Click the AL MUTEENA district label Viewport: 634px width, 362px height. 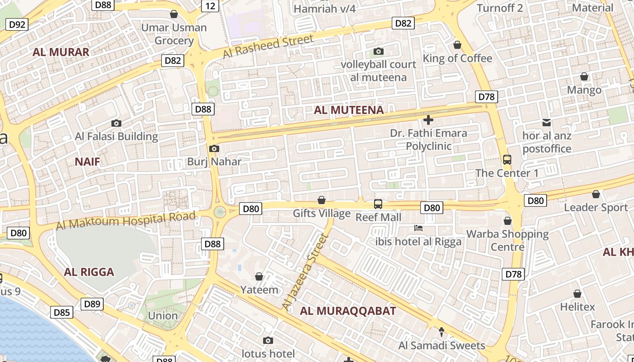(x=349, y=110)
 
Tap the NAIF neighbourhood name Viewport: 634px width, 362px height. (x=87, y=162)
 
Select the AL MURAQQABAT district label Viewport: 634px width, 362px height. (x=348, y=311)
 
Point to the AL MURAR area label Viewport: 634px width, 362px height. (x=61, y=52)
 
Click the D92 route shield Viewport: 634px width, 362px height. (x=17, y=24)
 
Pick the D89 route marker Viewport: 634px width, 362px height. (x=92, y=304)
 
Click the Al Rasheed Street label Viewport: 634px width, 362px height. (x=268, y=47)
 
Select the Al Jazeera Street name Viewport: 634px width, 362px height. (x=304, y=272)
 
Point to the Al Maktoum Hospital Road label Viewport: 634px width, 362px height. (x=126, y=220)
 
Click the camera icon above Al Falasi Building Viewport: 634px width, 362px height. (x=116, y=123)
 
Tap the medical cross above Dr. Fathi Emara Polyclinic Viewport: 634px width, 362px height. (x=428, y=120)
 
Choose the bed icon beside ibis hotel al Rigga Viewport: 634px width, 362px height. (x=418, y=228)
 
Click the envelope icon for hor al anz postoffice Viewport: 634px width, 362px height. (x=547, y=122)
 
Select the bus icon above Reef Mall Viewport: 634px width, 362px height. (x=378, y=204)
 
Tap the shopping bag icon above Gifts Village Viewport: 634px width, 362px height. (x=322, y=200)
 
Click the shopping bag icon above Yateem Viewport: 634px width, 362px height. (x=259, y=276)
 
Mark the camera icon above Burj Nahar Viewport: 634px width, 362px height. (x=214, y=148)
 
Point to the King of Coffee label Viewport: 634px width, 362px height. (x=457, y=58)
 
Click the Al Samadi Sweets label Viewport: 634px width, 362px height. (x=442, y=346)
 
